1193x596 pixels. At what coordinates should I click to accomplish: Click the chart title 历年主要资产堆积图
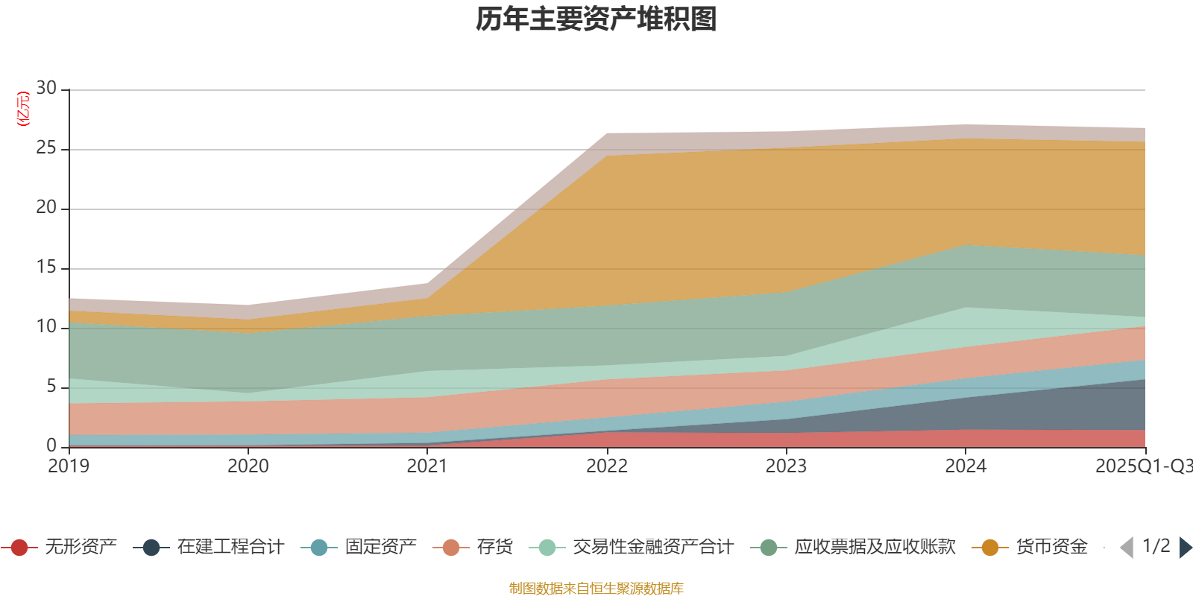point(596,19)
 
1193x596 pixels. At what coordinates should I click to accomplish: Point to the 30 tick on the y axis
point(46,89)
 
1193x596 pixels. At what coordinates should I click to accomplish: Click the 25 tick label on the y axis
point(46,148)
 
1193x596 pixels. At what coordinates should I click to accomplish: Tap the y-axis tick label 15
point(46,267)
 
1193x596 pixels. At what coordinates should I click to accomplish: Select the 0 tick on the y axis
point(51,446)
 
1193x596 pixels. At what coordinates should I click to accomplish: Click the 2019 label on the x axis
point(69,466)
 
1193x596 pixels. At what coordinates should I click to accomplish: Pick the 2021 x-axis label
point(427,466)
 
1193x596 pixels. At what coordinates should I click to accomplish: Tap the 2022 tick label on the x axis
point(607,466)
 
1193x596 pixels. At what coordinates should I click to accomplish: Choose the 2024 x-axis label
point(966,466)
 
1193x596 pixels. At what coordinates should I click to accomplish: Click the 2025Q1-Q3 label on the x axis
point(1143,466)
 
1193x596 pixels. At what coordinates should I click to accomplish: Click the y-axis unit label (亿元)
point(23,109)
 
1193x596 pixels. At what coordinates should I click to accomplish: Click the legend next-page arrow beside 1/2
point(1186,548)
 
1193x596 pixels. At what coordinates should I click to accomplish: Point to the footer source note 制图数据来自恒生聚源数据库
point(596,589)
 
